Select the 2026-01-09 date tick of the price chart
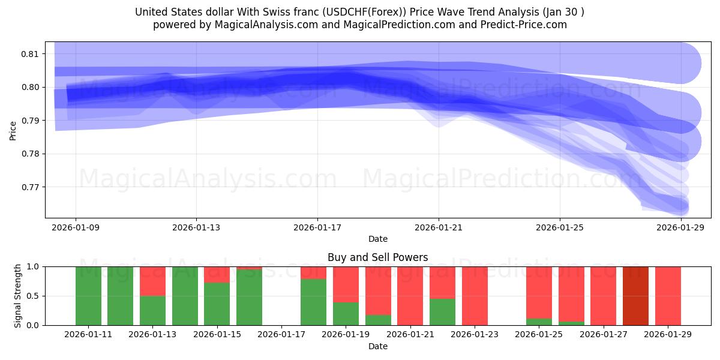pos(76,227)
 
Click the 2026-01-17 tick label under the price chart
pos(317,227)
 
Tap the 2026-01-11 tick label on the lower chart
pos(88,335)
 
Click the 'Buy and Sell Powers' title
pos(377,257)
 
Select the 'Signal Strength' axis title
pos(18,296)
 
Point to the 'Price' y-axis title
pos(13,130)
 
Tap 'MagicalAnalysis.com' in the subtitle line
pos(267,25)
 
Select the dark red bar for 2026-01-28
pos(635,296)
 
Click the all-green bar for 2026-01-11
pos(88,296)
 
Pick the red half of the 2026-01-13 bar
pos(152,281)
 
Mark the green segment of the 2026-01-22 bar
pos(442,312)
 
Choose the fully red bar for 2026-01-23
pos(475,296)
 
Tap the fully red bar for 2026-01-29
pos(668,296)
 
